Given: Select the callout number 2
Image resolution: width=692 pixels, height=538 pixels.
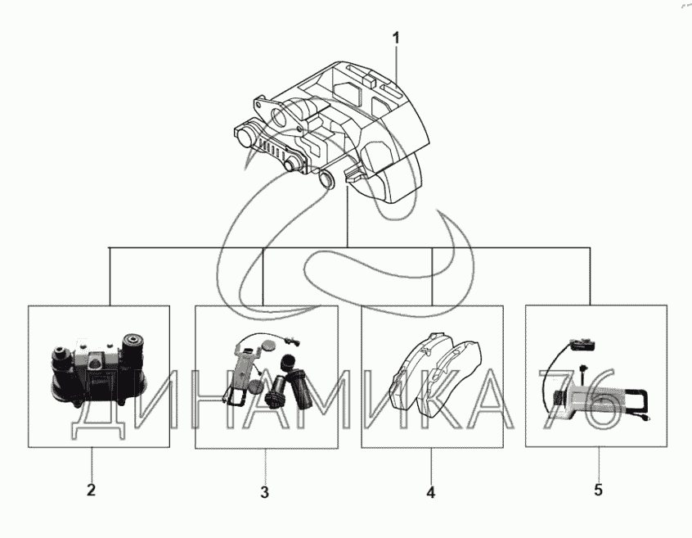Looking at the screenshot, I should pos(92,491).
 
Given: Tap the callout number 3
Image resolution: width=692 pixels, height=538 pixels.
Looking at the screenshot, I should pos(264,492).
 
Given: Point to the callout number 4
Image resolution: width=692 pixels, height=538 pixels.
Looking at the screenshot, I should pos(430,493).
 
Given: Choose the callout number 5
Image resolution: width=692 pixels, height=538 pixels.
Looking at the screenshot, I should pos(598,490).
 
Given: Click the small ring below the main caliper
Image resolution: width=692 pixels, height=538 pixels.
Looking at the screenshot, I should pos(327,179).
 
